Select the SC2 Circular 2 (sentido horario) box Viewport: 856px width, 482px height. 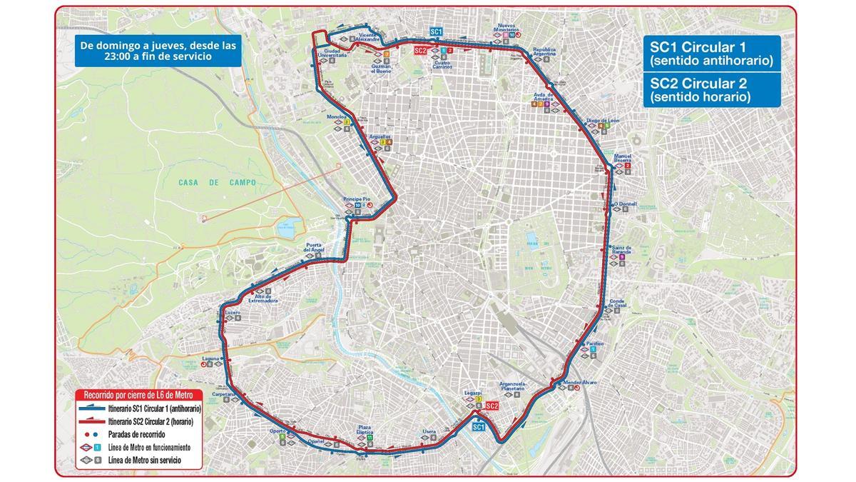711,90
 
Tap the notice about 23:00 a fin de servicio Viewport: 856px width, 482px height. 158,51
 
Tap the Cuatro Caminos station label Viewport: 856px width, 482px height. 443,65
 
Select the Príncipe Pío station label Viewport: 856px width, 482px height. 355,198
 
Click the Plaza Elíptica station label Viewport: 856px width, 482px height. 369,428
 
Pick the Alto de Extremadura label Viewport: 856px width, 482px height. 261,301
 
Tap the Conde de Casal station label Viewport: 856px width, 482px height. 617,303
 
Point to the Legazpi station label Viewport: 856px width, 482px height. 473,393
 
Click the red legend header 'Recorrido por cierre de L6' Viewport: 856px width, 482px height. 140,395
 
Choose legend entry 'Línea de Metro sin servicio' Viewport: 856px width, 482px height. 143,461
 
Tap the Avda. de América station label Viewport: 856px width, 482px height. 543,97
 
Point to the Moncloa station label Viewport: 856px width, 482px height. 336,116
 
